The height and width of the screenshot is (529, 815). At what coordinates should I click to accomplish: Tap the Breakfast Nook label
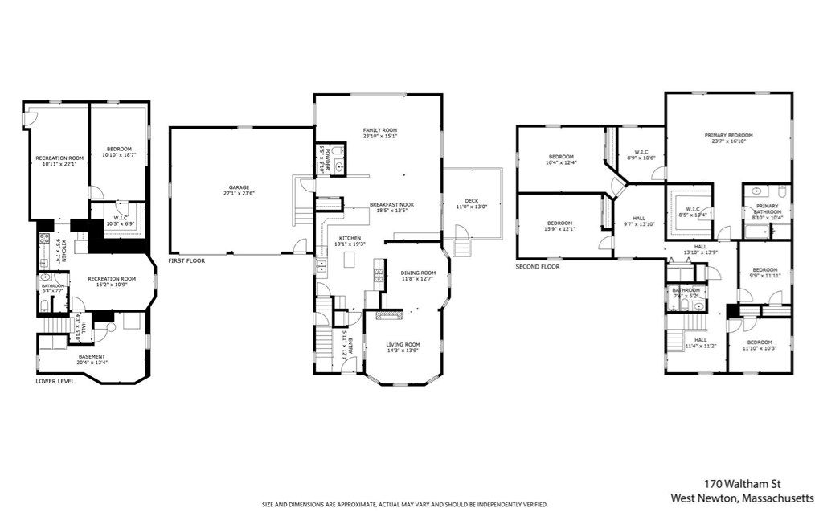coord(391,207)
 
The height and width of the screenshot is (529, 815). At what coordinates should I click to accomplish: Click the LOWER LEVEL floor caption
coord(55,381)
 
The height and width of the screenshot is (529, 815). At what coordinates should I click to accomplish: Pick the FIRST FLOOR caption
coord(187,261)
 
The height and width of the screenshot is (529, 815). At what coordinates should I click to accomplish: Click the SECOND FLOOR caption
coord(538,266)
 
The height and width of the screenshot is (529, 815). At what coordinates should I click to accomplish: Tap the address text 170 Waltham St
coord(739,484)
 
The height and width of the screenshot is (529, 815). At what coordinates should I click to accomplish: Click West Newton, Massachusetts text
coord(742,498)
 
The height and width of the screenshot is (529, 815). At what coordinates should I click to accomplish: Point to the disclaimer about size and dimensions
coord(405,505)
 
